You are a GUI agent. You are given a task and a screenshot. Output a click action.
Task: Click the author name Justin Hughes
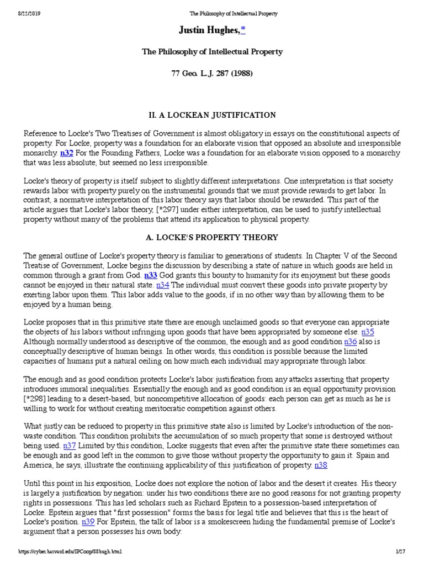[207, 30]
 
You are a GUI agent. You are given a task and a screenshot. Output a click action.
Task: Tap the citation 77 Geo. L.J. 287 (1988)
[212, 73]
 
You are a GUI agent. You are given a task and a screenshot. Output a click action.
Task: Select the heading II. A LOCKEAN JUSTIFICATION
[212, 115]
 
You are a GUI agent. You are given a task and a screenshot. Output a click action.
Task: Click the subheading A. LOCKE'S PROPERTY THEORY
[212, 237]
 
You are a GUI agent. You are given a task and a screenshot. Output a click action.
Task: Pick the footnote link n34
[163, 285]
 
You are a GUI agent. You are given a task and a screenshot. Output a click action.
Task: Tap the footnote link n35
[368, 332]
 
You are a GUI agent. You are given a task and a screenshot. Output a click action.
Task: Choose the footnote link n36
[350, 342]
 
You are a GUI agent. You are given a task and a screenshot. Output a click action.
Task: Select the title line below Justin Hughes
[212, 51]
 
